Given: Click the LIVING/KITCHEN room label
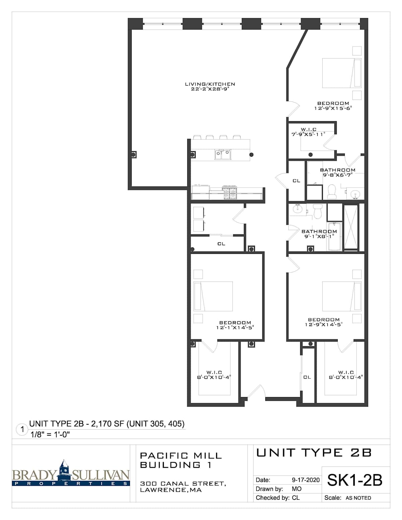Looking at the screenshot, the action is point(210,84).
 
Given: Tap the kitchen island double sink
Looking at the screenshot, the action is point(223,154).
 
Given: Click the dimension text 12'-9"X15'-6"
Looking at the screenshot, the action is point(333,108).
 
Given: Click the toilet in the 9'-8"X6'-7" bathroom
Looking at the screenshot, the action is point(332,191).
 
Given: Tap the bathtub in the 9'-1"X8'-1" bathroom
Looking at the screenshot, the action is point(334,236).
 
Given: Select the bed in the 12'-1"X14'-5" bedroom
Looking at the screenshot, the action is point(213,296).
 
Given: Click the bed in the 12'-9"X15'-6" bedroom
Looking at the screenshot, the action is point(342,73).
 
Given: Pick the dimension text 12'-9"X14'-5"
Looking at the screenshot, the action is point(324,324).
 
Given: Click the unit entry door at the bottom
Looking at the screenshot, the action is point(256,392).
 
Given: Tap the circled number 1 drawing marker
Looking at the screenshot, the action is point(22,429).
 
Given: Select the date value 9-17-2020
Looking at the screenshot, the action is point(306,480).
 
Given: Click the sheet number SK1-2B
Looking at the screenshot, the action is point(354,480).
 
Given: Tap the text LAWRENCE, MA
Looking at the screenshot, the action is point(171,490).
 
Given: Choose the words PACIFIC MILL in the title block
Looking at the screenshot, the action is point(181,455).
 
